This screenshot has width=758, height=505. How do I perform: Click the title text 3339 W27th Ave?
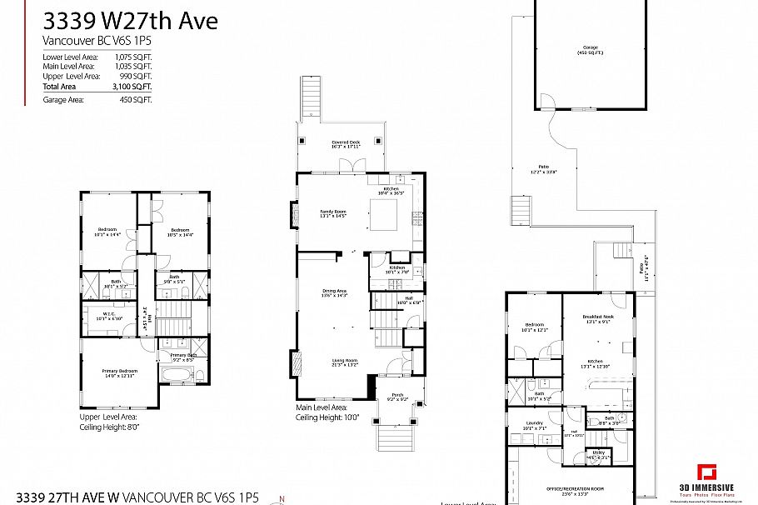point(130,20)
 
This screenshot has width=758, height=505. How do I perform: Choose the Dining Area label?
point(334,292)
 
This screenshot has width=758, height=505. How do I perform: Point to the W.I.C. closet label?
point(110,316)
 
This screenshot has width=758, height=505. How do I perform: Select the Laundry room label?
point(536,425)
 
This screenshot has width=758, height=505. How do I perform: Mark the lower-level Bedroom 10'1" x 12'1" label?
point(535,327)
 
